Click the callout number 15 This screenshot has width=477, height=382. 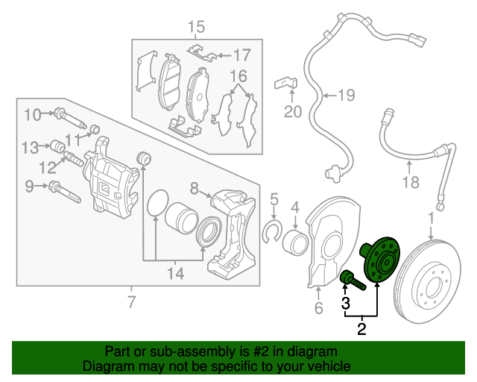[x=195, y=28]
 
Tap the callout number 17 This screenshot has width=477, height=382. [x=242, y=54]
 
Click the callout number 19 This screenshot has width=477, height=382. [x=346, y=95]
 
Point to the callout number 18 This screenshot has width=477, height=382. [x=411, y=182]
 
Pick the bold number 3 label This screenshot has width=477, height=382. [x=345, y=303]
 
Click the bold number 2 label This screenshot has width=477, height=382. [x=361, y=328]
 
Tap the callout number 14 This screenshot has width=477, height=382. [x=174, y=274]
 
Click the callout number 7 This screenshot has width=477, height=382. [x=131, y=303]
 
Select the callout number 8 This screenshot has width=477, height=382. [x=194, y=187]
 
